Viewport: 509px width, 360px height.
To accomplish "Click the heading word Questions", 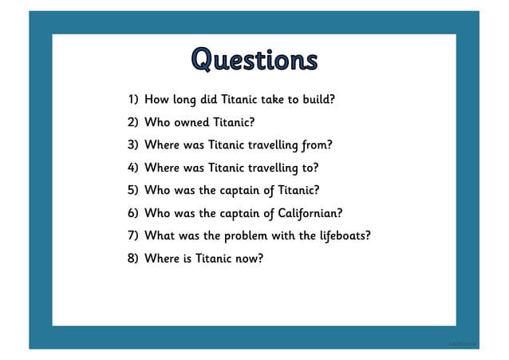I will (x=254, y=59).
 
